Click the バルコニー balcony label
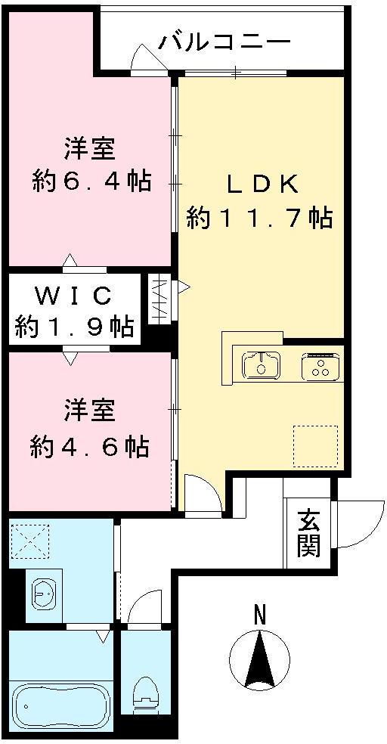click(x=224, y=41)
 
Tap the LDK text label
click(x=261, y=184)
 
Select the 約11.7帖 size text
click(x=259, y=219)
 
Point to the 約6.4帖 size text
click(x=91, y=181)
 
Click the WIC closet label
click(x=74, y=293)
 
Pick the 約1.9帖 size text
click(x=74, y=327)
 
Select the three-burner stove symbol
click(x=320, y=367)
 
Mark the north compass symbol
click(x=259, y=658)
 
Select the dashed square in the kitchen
click(x=316, y=446)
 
